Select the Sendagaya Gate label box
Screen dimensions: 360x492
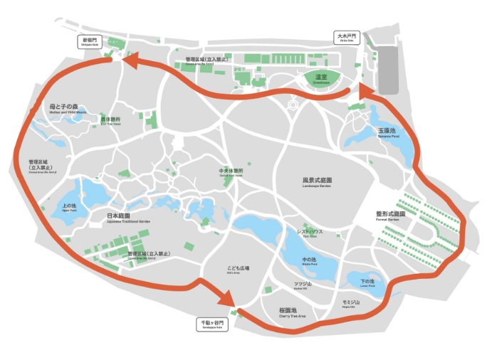[211, 324]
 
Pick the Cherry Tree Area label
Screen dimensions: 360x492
[293, 313]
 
